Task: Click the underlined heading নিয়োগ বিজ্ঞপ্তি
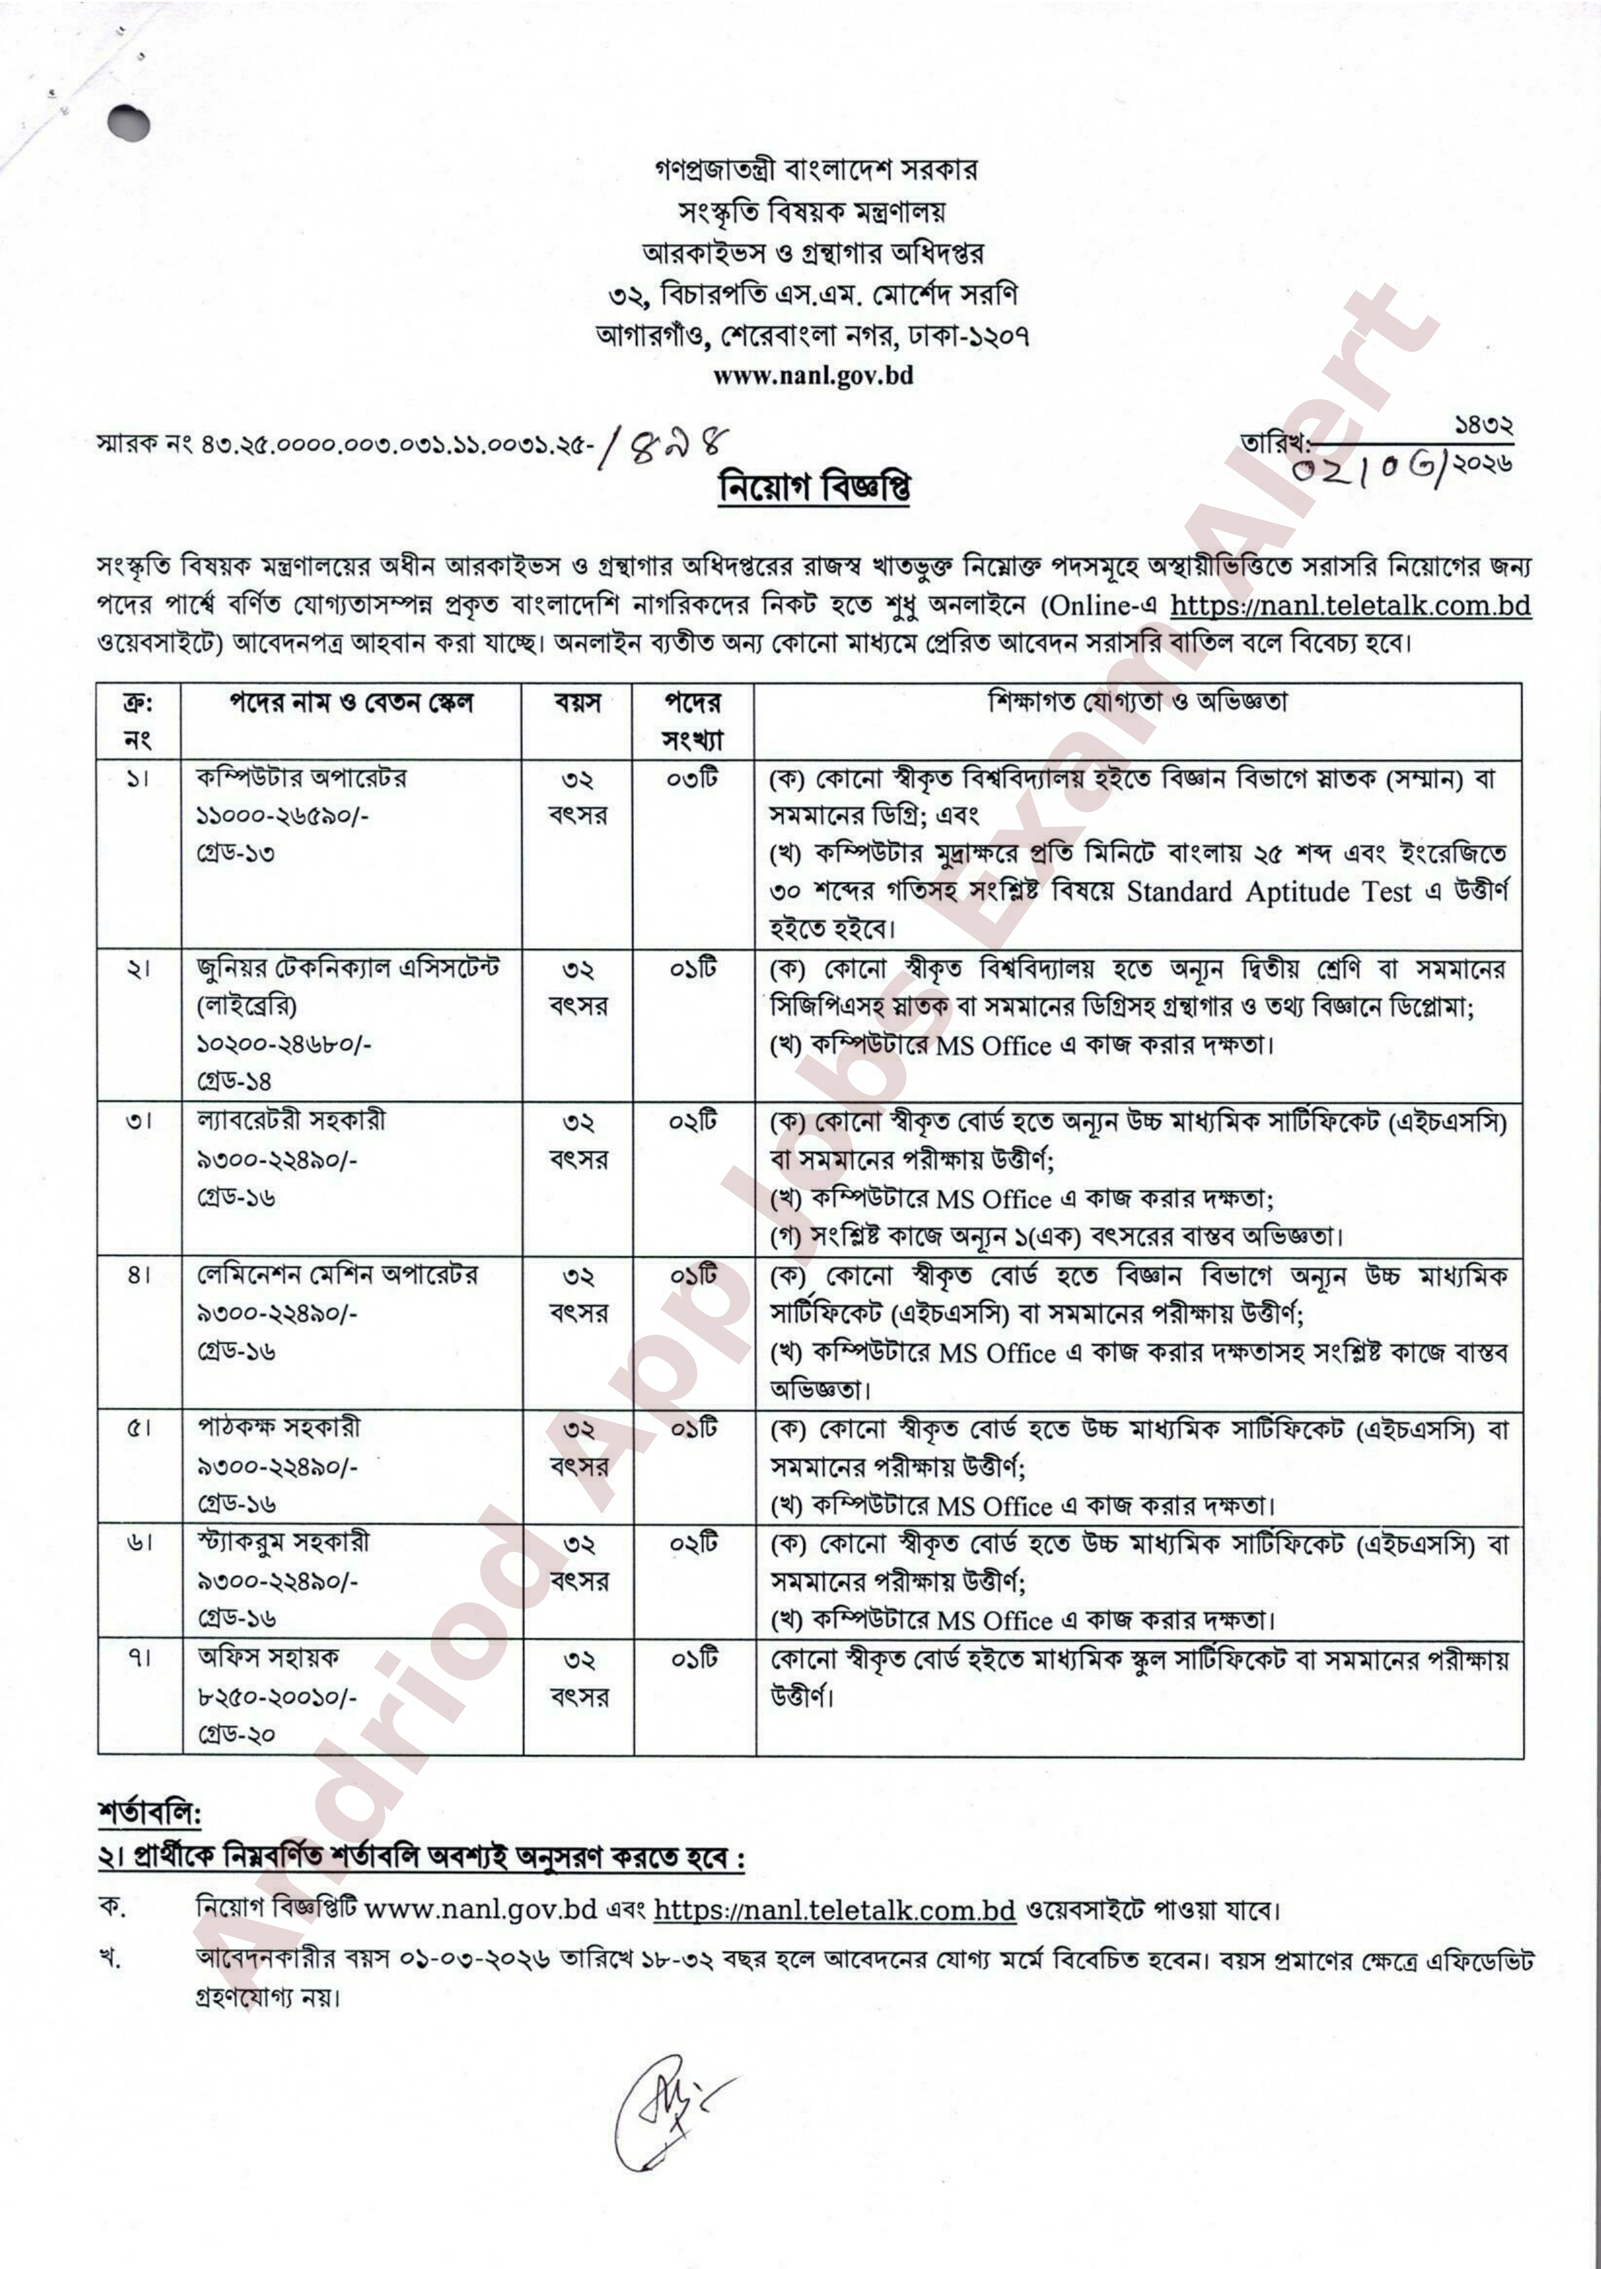click(813, 487)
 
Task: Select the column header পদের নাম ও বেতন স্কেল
click(351, 704)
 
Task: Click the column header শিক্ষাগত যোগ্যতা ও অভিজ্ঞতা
click(1138, 703)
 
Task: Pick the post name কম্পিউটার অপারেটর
click(300, 778)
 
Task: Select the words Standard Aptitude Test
click(1269, 892)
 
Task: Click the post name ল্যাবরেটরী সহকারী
click(291, 1121)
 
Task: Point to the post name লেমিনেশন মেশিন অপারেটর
click(337, 1275)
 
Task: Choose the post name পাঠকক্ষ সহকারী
click(278, 1428)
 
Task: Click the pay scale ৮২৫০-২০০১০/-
click(276, 1696)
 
